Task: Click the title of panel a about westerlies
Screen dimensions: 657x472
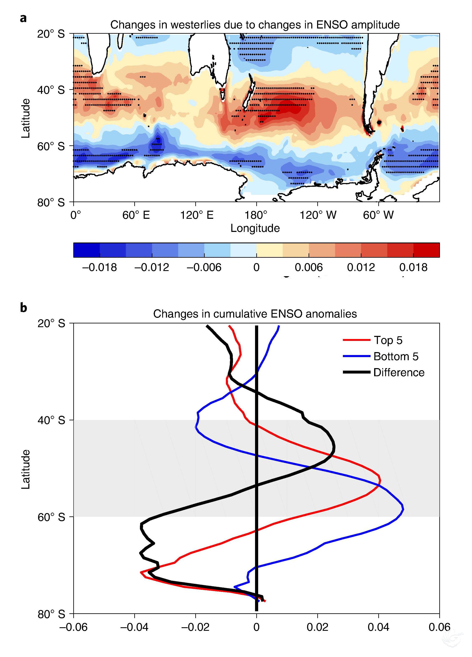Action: [x=255, y=25]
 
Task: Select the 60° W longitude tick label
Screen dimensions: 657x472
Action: [x=378, y=215]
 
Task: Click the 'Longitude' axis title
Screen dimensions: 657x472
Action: [x=255, y=228]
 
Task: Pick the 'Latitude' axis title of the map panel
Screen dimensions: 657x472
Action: [x=26, y=118]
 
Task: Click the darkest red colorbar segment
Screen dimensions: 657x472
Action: [x=426, y=250]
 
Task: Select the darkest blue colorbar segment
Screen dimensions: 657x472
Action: [x=86, y=250]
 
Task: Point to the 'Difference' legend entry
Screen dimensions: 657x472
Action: [x=399, y=372]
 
